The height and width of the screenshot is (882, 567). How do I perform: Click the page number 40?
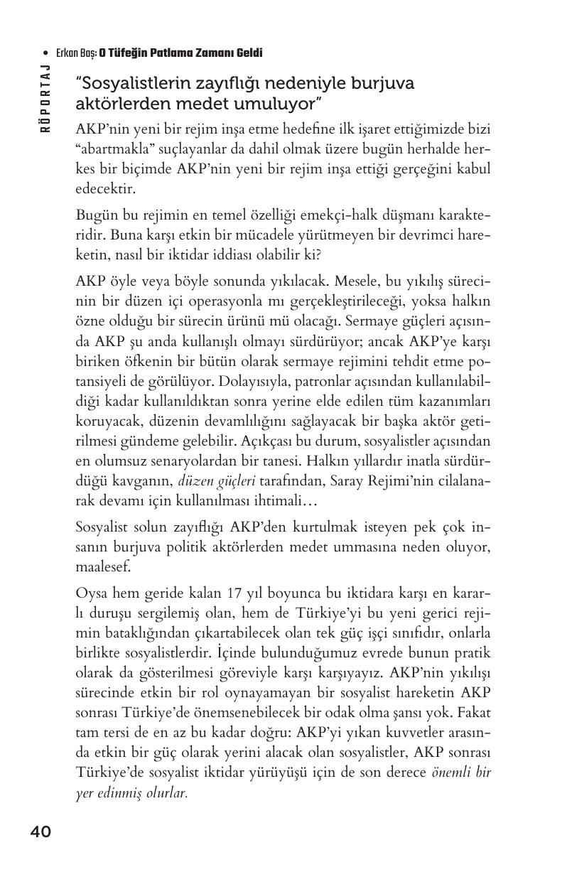(x=40, y=832)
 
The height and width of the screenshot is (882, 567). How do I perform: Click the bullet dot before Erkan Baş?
(x=45, y=53)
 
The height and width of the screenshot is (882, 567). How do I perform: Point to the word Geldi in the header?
(x=249, y=53)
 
